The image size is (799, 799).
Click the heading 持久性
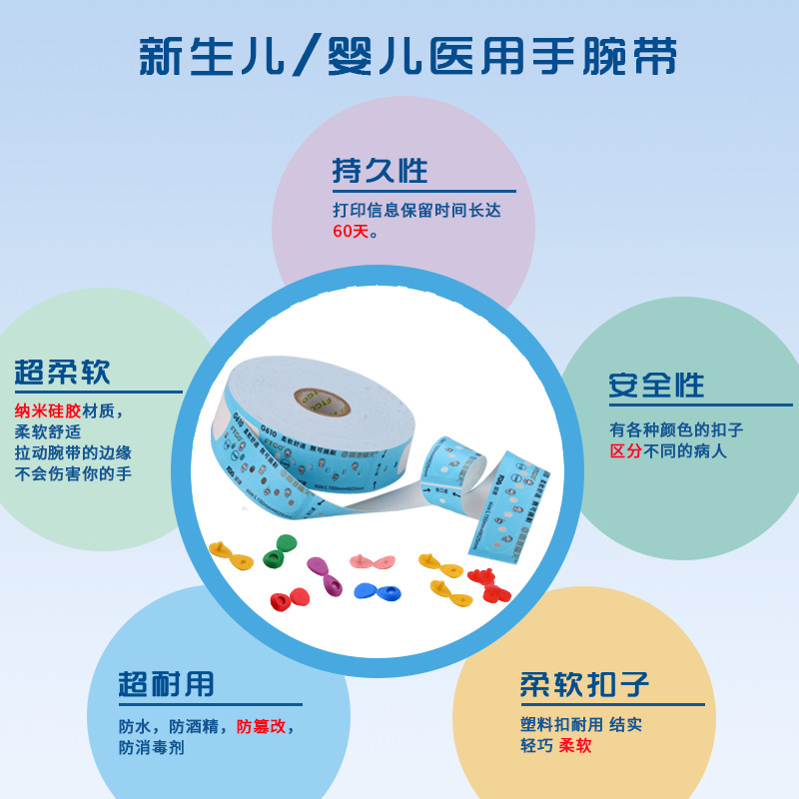coord(380,170)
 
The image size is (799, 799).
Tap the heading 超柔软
coord(62,373)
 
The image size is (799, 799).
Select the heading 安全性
coord(656,386)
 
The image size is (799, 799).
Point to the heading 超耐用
coord(166,685)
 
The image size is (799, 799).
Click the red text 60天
coord(351,232)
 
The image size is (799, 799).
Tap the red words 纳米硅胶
coord(48,410)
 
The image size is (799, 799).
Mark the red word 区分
coord(625,451)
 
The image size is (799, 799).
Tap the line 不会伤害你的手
coord(73,474)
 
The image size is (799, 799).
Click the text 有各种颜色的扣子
coord(676,430)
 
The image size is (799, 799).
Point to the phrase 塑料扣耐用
coord(562,724)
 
